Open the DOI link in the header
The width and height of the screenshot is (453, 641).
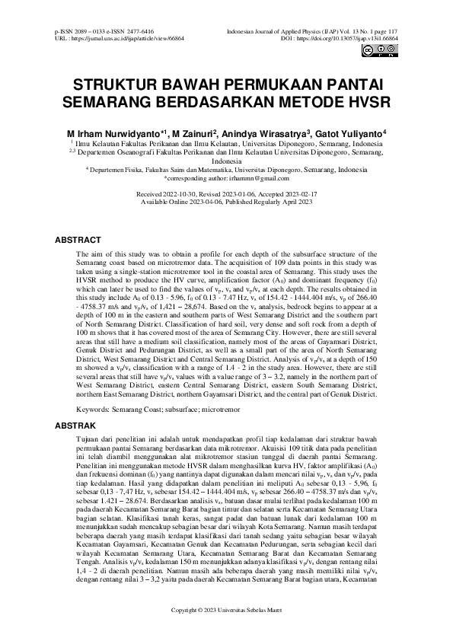click(350, 37)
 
